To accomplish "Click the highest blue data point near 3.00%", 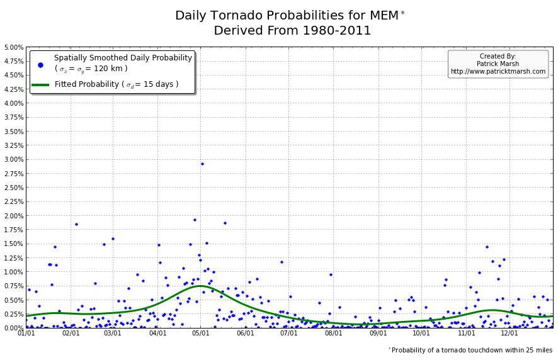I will click(x=202, y=164).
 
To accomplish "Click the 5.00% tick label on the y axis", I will click(x=13, y=47).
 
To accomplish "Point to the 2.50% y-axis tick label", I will click(x=13, y=188).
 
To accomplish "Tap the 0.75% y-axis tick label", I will click(x=13, y=286).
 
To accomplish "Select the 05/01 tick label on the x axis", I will click(x=201, y=333).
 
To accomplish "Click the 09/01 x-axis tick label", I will click(x=379, y=333).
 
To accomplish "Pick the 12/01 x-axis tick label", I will click(x=510, y=333).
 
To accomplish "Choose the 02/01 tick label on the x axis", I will click(x=71, y=333).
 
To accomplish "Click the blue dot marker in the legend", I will click(x=40, y=64).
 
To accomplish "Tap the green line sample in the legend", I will click(x=40, y=84).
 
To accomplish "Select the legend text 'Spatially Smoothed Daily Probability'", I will click(x=123, y=58).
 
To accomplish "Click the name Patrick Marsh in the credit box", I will click(x=498, y=64).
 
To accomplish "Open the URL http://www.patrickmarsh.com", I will click(x=498, y=72).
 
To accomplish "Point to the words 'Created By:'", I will click(x=498, y=57).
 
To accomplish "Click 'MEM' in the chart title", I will click(x=385, y=16).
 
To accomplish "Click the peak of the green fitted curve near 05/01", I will click(x=200, y=286).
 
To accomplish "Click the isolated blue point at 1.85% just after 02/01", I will click(x=76, y=224).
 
